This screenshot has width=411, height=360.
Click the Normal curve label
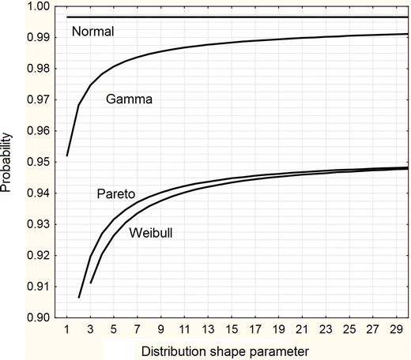(92, 32)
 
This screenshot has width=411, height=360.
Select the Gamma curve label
(128, 99)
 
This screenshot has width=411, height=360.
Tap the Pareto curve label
(115, 193)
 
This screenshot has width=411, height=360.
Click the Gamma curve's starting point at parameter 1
(67, 156)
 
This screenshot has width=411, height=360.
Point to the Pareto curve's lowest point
(79, 298)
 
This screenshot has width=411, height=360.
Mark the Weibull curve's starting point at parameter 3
(91, 283)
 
